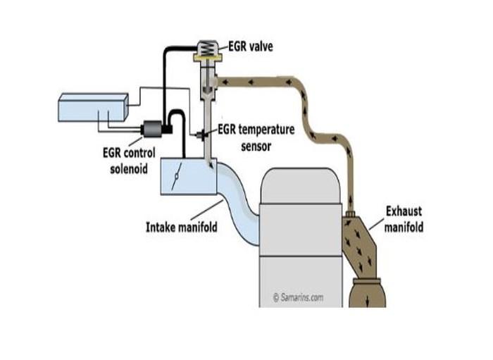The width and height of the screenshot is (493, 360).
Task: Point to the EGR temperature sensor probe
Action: tap(202, 135)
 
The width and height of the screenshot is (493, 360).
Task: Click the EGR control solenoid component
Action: tap(153, 129)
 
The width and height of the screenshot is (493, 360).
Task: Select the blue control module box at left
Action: tap(94, 108)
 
